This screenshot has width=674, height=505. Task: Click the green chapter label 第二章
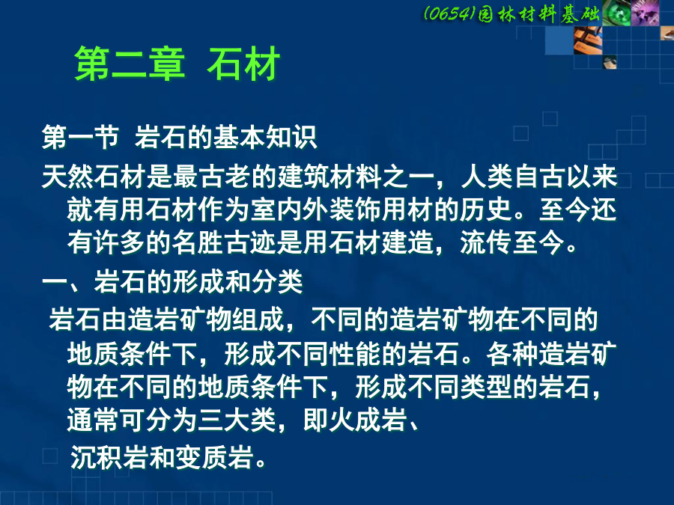[x=130, y=64]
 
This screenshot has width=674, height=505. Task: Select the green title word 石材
[x=243, y=64]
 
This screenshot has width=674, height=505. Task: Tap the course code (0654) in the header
[x=449, y=13]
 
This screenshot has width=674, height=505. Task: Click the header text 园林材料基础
[x=539, y=14]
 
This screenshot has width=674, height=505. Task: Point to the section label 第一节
[x=80, y=137]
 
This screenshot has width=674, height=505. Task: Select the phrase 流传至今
[x=512, y=242]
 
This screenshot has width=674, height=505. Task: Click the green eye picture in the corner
[x=616, y=13]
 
